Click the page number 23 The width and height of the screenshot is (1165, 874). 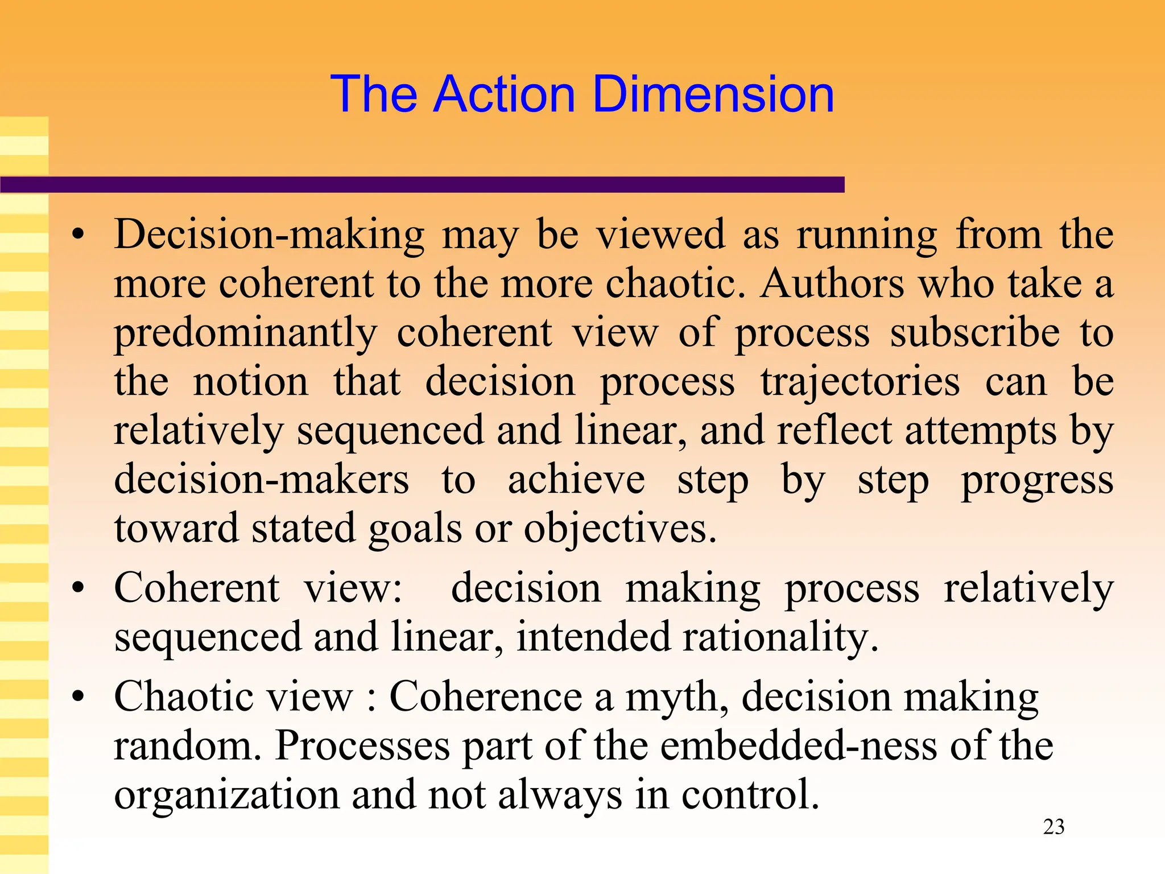coord(1054,827)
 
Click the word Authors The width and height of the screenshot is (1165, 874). coord(832,283)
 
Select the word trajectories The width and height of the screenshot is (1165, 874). coord(860,382)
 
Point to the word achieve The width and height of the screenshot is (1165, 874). coord(576,480)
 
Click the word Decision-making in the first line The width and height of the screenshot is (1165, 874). coord(269,235)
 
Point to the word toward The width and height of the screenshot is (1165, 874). coord(176,529)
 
